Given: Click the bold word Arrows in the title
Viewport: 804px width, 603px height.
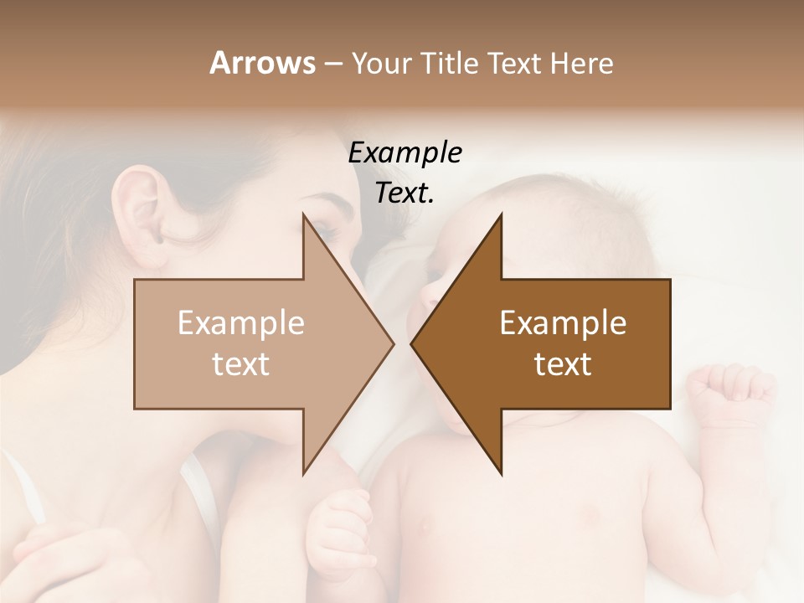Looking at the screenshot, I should (x=261, y=63).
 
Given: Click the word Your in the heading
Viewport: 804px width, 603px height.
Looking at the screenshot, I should (x=382, y=63).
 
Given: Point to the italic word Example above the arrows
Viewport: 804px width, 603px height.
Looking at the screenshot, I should (x=405, y=153).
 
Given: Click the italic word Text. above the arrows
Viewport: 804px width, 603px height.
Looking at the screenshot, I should (x=405, y=193).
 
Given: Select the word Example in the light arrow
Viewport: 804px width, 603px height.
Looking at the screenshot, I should (x=241, y=323).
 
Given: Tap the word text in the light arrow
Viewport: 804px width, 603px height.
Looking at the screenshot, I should (x=241, y=364).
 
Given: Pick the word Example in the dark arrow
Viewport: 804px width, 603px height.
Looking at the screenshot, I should (x=563, y=323).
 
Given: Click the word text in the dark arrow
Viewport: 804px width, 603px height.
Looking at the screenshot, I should (x=563, y=364).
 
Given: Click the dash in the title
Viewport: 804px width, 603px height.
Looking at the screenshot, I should (x=332, y=64).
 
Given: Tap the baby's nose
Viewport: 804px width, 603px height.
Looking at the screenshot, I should (x=426, y=295).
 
